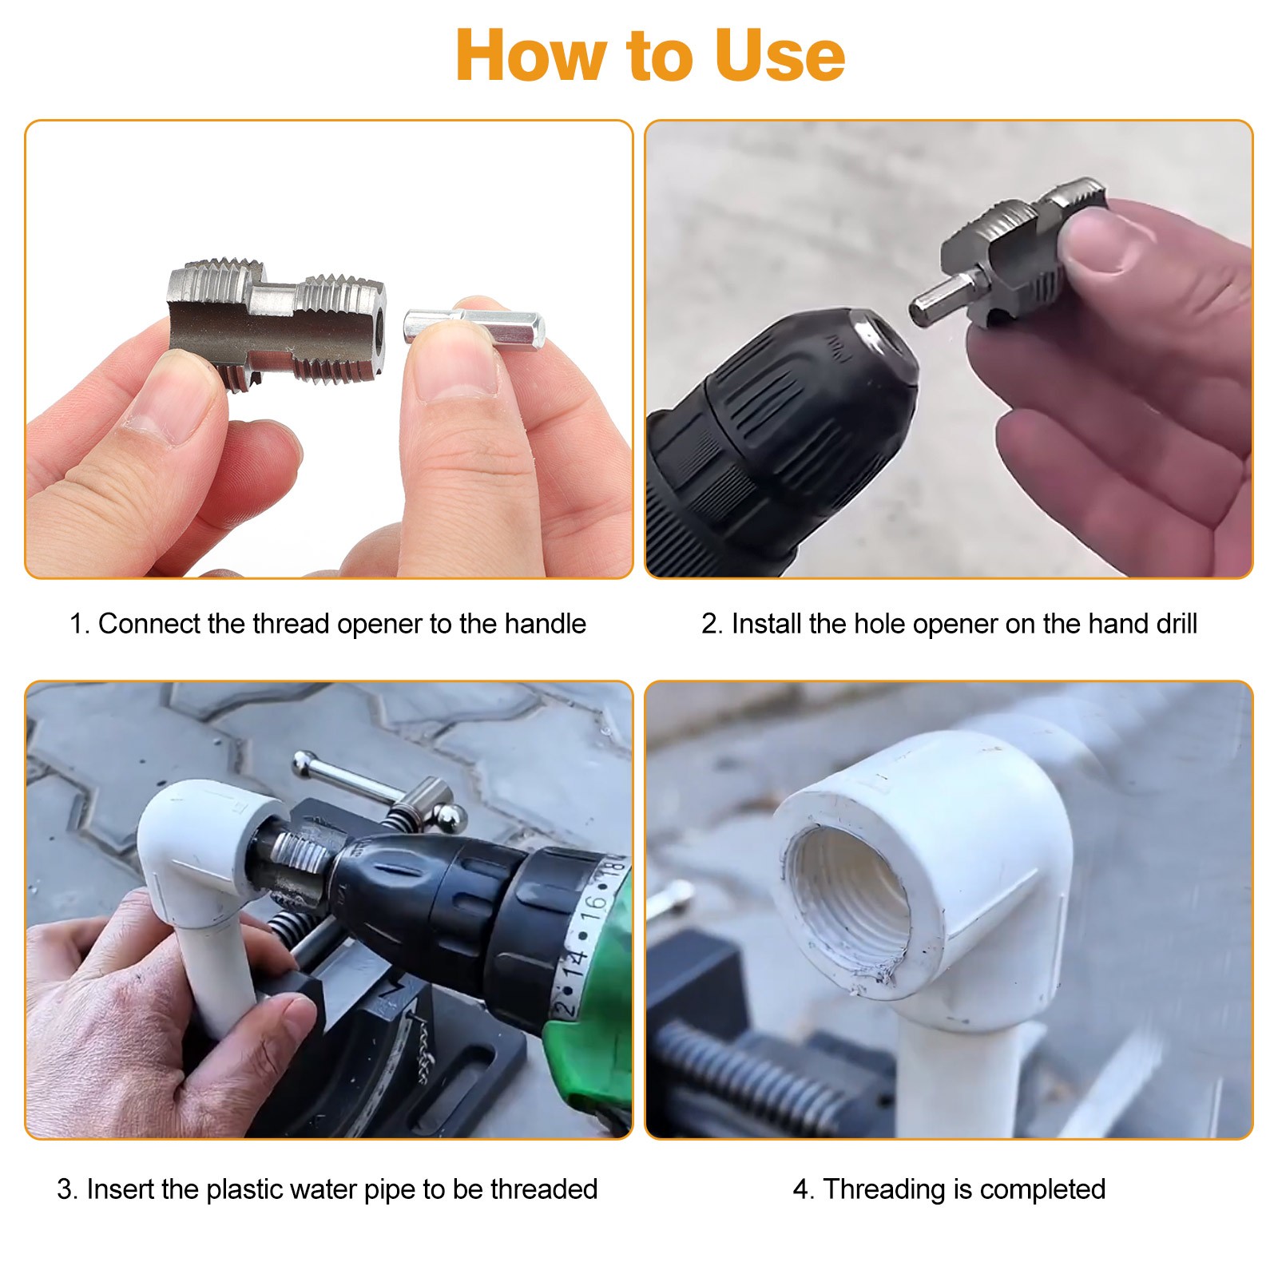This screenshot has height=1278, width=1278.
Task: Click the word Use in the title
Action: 779,55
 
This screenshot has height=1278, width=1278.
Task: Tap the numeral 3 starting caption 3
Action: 64,1189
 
